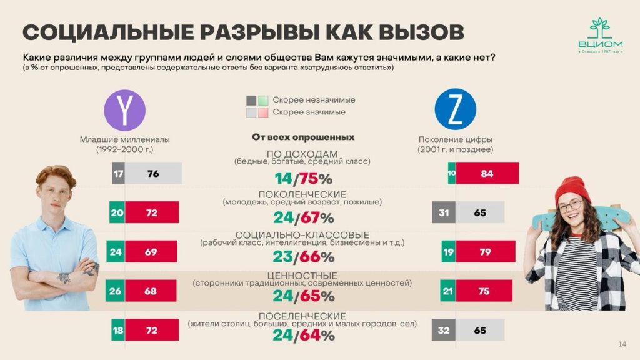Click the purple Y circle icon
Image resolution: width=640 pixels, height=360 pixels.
[x=124, y=110]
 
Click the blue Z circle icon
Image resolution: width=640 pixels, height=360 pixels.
[x=455, y=109]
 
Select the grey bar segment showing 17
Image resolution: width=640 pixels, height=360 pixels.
[x=118, y=173]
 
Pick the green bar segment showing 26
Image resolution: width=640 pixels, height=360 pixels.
[x=116, y=291]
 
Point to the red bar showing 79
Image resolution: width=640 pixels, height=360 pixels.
[x=485, y=251]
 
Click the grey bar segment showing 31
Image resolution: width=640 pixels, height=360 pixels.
[x=443, y=212]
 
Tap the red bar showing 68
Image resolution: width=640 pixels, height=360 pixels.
[x=151, y=291]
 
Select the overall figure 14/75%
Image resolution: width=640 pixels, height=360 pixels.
[x=304, y=179]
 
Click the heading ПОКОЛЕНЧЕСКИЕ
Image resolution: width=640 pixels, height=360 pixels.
[x=302, y=194]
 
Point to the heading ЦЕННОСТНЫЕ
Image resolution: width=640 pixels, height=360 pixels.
[x=302, y=276]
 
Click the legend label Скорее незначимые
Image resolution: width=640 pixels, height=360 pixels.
[x=314, y=100]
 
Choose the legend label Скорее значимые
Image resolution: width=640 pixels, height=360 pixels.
[x=309, y=112]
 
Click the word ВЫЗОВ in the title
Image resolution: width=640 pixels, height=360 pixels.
[x=417, y=31]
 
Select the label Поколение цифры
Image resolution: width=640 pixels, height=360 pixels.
[x=455, y=139]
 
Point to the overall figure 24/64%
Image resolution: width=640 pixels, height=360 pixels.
[x=304, y=335]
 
